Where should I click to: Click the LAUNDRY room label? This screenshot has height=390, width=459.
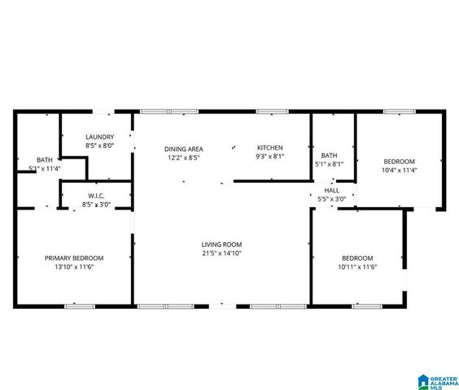pos(99,136)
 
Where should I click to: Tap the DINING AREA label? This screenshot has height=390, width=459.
pos(183,149)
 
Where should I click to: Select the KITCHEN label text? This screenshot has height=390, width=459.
pos(269,147)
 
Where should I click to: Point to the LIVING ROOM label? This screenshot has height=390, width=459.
pos(221,244)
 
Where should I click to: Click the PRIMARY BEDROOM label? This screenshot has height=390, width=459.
pos(74,258)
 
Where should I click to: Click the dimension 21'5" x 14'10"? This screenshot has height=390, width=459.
pos(221,253)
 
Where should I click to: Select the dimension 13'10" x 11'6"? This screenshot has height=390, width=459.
pos(74,267)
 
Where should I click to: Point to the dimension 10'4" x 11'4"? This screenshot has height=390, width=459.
pos(399,171)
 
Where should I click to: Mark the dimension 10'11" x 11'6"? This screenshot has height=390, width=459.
pos(357,267)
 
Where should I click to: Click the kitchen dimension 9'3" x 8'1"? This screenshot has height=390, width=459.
pos(269,156)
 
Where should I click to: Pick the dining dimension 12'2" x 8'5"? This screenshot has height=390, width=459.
pos(183,158)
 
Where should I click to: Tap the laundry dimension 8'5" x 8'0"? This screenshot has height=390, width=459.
pos(99,145)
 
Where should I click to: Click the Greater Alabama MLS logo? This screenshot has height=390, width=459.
pos(436,381)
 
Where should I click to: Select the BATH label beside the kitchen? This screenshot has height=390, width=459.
pos(329,155)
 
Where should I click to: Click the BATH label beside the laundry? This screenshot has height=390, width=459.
pos(44,159)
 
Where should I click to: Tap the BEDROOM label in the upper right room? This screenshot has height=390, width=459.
pos(399,161)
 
